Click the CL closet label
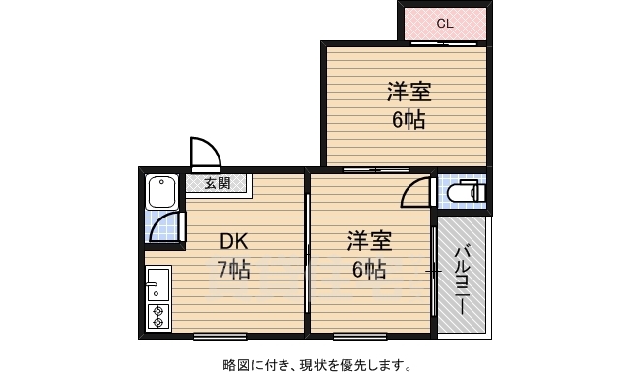click(444, 24)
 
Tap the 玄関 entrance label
click(218, 183)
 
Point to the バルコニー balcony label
click(462, 279)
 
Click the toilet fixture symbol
click(469, 194)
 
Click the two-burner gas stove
click(157, 316)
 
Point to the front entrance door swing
click(205, 153)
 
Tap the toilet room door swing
click(418, 192)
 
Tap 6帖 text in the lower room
click(369, 268)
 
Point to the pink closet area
click(444, 24)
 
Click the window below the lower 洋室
click(359, 337)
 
